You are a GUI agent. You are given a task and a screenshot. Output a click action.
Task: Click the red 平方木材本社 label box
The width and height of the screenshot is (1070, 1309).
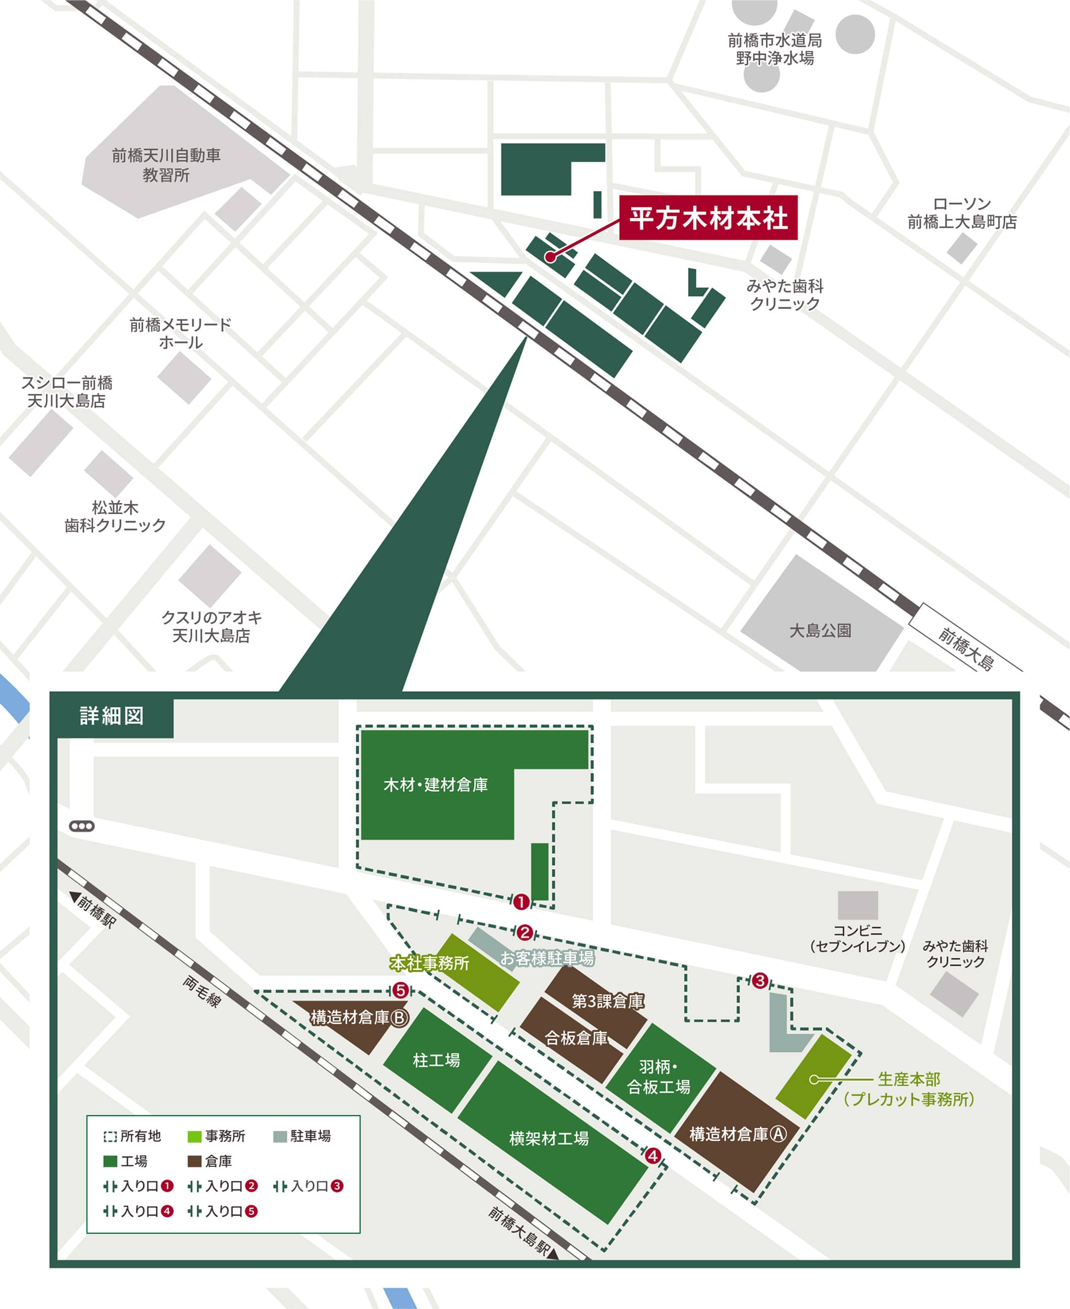(708, 218)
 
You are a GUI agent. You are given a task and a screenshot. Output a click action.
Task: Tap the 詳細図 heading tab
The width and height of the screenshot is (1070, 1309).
(111, 715)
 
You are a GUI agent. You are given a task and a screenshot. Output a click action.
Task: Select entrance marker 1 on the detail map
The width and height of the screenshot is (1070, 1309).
(521, 902)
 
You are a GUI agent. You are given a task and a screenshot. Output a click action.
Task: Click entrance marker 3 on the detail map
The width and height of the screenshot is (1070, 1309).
(759, 980)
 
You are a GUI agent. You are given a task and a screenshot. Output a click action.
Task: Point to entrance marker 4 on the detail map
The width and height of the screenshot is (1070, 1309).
(653, 1155)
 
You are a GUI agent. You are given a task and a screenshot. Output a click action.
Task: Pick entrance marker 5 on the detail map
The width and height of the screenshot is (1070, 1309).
(401, 991)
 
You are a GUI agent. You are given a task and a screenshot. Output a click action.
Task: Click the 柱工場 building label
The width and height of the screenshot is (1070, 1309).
(436, 1061)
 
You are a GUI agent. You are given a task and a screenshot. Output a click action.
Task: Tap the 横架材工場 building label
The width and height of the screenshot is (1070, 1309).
(548, 1138)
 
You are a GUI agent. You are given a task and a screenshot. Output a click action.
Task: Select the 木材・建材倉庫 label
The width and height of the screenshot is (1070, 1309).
(435, 785)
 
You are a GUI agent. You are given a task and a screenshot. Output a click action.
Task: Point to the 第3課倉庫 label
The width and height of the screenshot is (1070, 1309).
(608, 1001)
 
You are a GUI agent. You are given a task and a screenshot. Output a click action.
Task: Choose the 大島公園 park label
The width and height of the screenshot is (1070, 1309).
(820, 630)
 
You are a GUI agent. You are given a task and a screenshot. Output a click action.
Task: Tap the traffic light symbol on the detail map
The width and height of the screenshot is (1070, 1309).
(82, 826)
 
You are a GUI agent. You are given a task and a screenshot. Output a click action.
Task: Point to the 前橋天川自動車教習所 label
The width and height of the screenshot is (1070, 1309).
(166, 165)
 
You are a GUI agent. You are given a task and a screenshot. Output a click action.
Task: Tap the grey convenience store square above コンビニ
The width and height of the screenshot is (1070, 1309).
(857, 905)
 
